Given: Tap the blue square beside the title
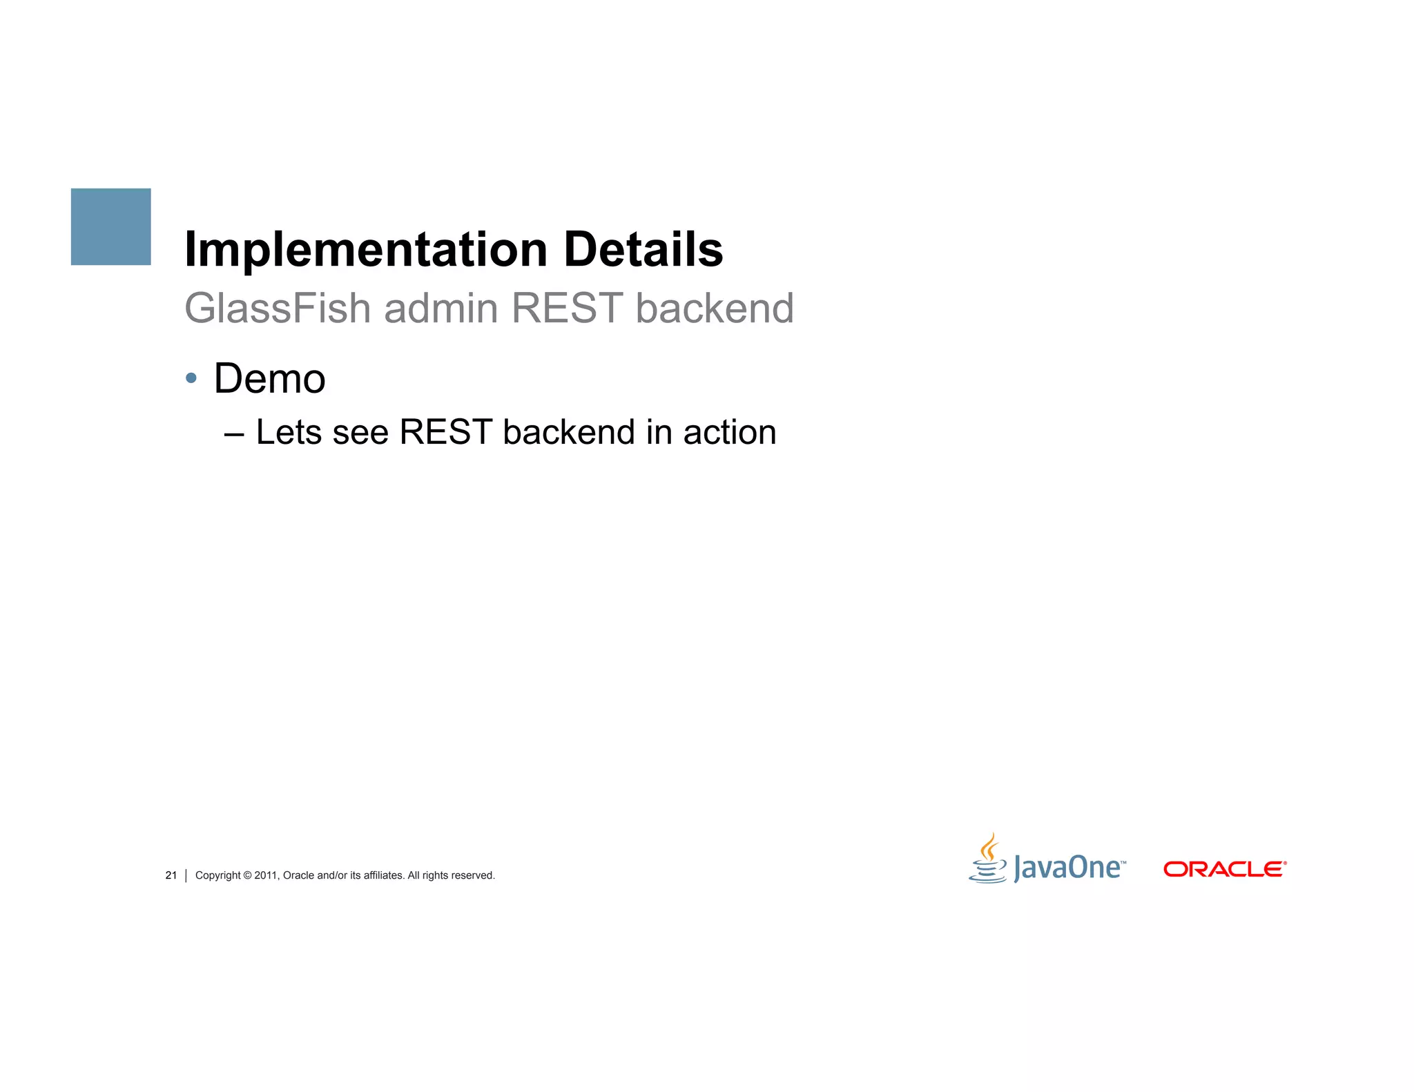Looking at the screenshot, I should pos(111,226).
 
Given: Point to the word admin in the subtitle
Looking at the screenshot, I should pos(440,309).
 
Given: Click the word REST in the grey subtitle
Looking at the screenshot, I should pos(567,308).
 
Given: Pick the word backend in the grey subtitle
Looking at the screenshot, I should pos(714,308).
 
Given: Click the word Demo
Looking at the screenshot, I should pos(269,379).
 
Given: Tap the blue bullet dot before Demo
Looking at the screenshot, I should pos(191,378).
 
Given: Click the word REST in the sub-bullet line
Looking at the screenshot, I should pos(445,433).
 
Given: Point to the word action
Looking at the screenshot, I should pos(729,433).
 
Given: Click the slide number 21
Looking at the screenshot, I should pos(171,875).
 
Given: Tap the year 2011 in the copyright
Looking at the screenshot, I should pos(265,875).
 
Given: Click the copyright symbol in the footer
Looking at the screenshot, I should pos(247,875).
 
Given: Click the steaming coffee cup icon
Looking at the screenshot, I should pos(989,859).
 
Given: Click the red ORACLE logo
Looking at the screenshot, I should pos(1223,869).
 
